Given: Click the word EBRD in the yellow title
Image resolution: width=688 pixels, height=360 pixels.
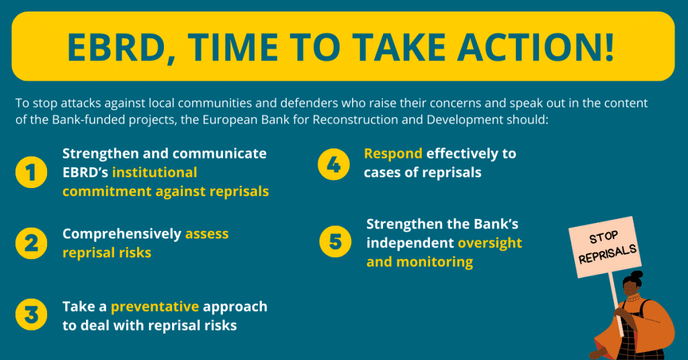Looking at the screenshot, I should pyautogui.click(x=116, y=46).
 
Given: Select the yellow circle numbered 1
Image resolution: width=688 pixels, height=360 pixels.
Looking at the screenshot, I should pyautogui.click(x=32, y=172).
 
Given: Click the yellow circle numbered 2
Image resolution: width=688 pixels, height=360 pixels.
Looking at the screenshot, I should pyautogui.click(x=32, y=243).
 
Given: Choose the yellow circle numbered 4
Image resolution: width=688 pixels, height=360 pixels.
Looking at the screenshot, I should pyautogui.click(x=334, y=163).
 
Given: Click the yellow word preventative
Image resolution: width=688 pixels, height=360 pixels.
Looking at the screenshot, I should pyautogui.click(x=155, y=307).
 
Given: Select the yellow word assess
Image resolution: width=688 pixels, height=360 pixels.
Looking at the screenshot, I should pyautogui.click(x=207, y=234).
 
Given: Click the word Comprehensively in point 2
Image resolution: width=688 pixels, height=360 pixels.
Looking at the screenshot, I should pyautogui.click(x=122, y=234).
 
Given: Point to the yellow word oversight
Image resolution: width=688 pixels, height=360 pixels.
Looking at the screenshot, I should pyautogui.click(x=490, y=242).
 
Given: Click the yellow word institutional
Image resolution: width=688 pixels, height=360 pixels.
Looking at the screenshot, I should pyautogui.click(x=155, y=172).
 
